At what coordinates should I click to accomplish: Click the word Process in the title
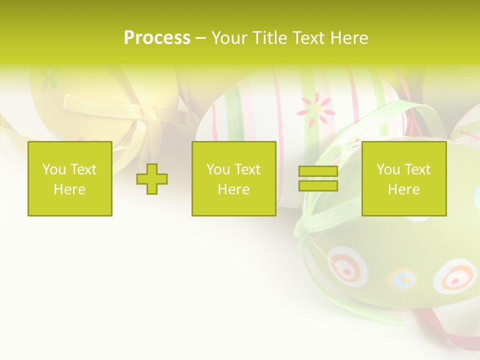(157, 37)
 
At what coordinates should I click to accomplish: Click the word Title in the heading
(268, 37)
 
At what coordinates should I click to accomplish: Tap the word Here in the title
(349, 37)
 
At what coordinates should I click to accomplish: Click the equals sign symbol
(318, 179)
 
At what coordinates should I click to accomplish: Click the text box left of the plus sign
(69, 179)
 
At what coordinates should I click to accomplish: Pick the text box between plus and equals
(233, 179)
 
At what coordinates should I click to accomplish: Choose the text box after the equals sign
(403, 179)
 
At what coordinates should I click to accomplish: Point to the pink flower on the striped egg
(315, 108)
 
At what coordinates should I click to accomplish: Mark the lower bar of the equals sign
(318, 186)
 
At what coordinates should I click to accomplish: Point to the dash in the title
(200, 38)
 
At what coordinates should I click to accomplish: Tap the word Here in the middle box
(233, 189)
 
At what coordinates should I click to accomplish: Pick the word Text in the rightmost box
(417, 169)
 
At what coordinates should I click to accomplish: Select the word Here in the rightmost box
(403, 189)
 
